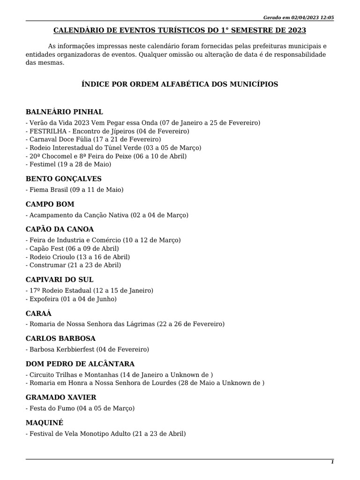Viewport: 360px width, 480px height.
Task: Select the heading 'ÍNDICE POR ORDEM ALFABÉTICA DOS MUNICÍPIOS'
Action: point(180,84)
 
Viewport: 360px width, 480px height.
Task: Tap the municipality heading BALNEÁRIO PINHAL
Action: point(64,112)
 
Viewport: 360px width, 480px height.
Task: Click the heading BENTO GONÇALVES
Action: point(63,179)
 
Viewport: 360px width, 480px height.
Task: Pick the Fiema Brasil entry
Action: point(75,189)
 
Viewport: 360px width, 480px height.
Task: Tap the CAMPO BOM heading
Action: point(50,204)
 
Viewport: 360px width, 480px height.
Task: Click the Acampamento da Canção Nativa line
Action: point(107,215)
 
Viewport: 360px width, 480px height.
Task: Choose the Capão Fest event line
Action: point(72,248)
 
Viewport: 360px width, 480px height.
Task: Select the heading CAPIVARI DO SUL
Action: point(60,280)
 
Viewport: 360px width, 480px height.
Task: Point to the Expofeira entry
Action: point(71,299)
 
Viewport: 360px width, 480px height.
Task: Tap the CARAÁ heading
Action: point(38,313)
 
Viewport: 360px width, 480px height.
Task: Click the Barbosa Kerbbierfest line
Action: point(87,349)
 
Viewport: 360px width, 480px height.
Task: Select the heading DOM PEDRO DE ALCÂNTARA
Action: point(80,364)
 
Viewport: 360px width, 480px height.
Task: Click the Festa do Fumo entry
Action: point(80,408)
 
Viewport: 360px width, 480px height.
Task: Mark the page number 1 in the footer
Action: point(332,462)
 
